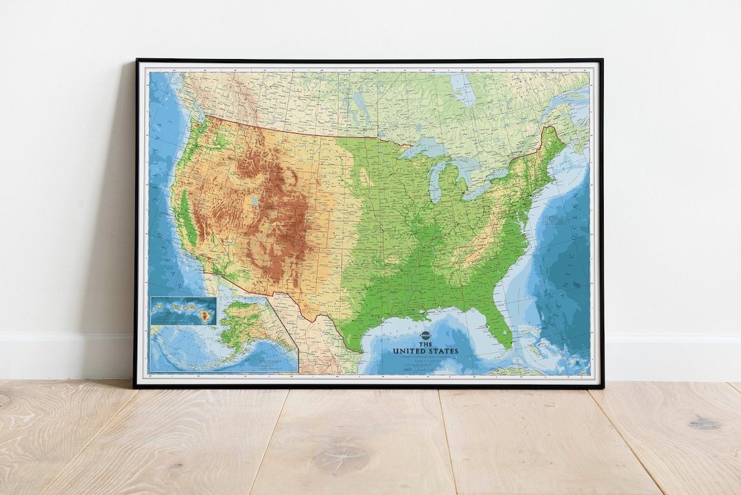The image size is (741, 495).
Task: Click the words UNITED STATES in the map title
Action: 425,352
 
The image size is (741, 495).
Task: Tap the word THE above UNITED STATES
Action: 425,344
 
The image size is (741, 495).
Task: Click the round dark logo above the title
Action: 425,336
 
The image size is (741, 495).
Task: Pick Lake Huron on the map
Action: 467,168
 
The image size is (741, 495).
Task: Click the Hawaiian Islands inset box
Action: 183,310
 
